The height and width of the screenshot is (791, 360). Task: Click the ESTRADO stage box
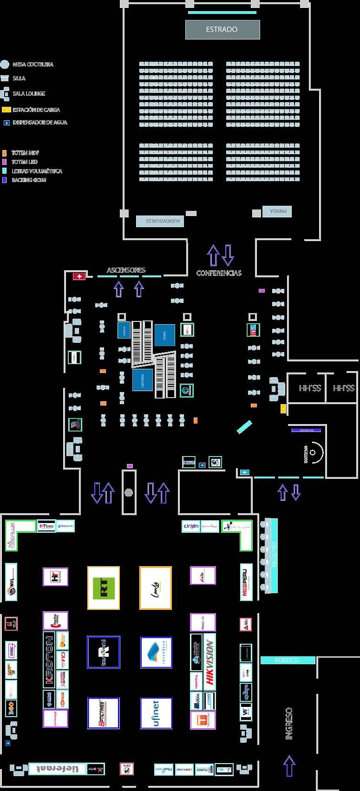pyautogui.click(x=223, y=30)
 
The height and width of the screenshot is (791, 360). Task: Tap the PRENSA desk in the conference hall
pyautogui.click(x=277, y=211)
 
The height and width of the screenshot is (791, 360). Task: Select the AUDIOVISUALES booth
pyautogui.click(x=160, y=221)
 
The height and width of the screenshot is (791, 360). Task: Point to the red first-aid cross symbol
pyautogui.click(x=79, y=276)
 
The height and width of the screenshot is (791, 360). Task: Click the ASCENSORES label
pyautogui.click(x=126, y=270)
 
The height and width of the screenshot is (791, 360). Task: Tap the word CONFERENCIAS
pyautogui.click(x=219, y=273)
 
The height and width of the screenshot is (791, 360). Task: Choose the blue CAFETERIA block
pyautogui.click(x=143, y=379)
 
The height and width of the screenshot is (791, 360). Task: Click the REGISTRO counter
pyautogui.click(x=274, y=555)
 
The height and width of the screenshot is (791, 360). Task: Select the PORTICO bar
pyautogui.click(x=287, y=660)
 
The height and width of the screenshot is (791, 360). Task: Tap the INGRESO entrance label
pyautogui.click(x=289, y=723)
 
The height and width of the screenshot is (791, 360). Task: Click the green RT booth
pyautogui.click(x=104, y=588)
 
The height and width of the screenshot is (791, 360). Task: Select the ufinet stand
pyautogui.click(x=156, y=713)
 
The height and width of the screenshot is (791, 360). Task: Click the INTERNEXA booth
pyautogui.click(x=156, y=653)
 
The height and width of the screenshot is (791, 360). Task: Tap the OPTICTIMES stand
pyautogui.click(x=103, y=713)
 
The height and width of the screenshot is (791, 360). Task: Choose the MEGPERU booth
pyautogui.click(x=246, y=582)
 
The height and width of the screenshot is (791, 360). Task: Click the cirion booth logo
pyautogui.click(x=191, y=526)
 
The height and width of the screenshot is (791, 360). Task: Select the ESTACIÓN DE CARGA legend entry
pyautogui.click(x=36, y=110)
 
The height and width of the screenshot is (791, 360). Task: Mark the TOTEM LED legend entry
pyautogui.click(x=24, y=162)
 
